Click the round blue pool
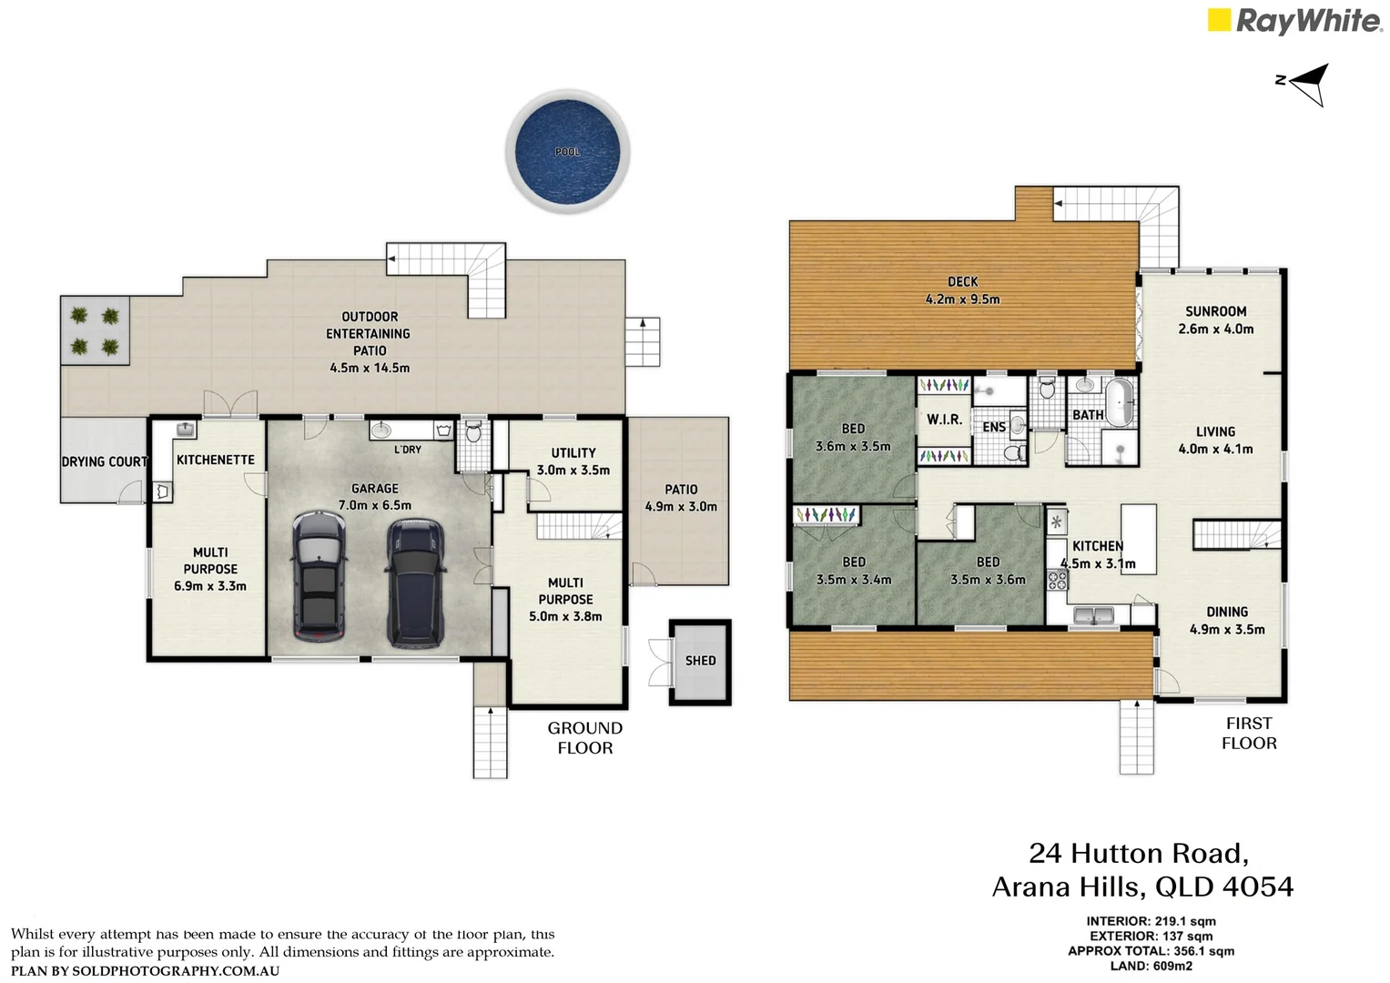pyautogui.click(x=567, y=151)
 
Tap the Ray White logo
pyautogui.click(x=1294, y=21)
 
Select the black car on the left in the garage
pyautogui.click(x=319, y=575)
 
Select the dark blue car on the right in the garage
pyautogui.click(x=415, y=583)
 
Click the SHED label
pyautogui.click(x=700, y=661)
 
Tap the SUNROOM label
pyautogui.click(x=1215, y=311)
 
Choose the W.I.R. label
pyautogui.click(x=944, y=420)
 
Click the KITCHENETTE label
pyautogui.click(x=216, y=460)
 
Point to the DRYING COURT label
pyautogui.click(x=104, y=461)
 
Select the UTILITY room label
pyautogui.click(x=573, y=452)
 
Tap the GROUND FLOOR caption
pyautogui.click(x=584, y=738)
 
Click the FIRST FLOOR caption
pyautogui.click(x=1249, y=733)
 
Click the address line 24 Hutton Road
pyautogui.click(x=1138, y=853)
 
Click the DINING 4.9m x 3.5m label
pyautogui.click(x=1226, y=620)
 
